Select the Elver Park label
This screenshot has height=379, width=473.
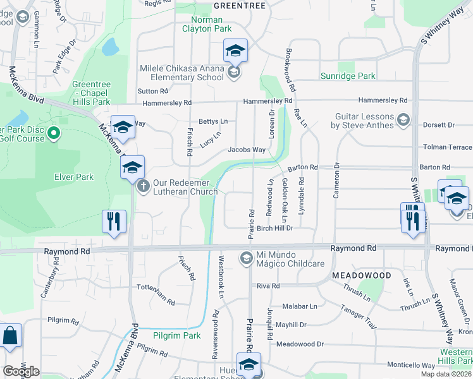pos(76,177)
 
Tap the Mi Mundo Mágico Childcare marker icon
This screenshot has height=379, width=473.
pos(245,258)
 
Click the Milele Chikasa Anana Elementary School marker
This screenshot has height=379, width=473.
pos(233,73)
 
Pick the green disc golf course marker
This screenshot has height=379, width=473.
pos(53,133)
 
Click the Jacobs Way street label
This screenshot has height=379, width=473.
pos(247,150)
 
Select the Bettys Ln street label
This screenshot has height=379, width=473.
pos(213,121)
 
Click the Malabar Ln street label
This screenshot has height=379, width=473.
pos(300,306)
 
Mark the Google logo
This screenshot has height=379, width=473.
pos(21,371)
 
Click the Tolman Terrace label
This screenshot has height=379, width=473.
pos(447,147)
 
